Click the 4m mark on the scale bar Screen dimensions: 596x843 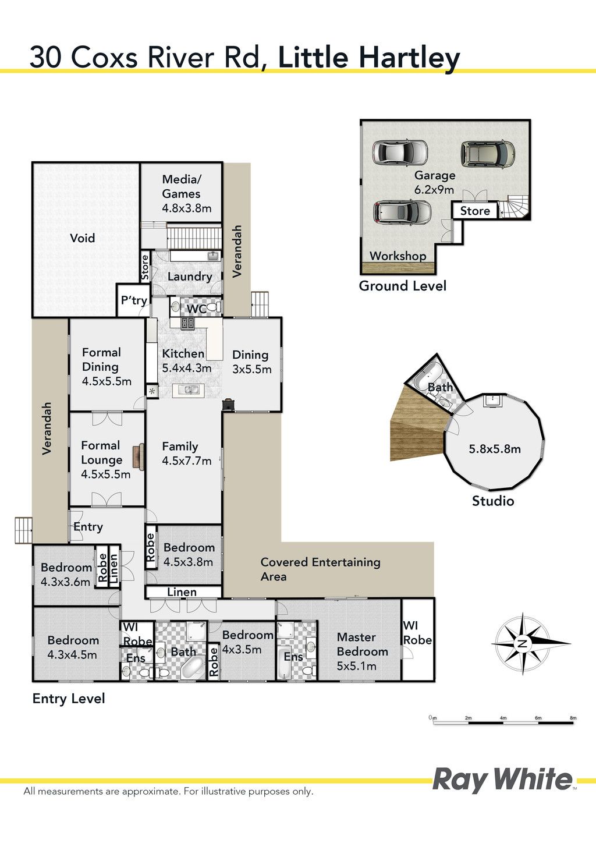[503, 718]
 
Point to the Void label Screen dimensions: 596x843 [83, 238]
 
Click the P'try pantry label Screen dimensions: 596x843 [134, 300]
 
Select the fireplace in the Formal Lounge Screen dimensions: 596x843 [139, 457]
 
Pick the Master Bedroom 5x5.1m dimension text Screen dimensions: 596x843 [356, 666]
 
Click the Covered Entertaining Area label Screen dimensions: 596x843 [320, 569]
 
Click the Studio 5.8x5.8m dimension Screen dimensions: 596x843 [494, 449]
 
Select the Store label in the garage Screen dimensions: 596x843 [475, 211]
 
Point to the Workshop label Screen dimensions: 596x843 [398, 256]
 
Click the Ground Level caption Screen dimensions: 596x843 [403, 286]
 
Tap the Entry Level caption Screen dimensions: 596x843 [69, 699]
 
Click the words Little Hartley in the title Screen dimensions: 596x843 [369, 58]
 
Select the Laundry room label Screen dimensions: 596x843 [190, 277]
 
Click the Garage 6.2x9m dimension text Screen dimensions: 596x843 [434, 189]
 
